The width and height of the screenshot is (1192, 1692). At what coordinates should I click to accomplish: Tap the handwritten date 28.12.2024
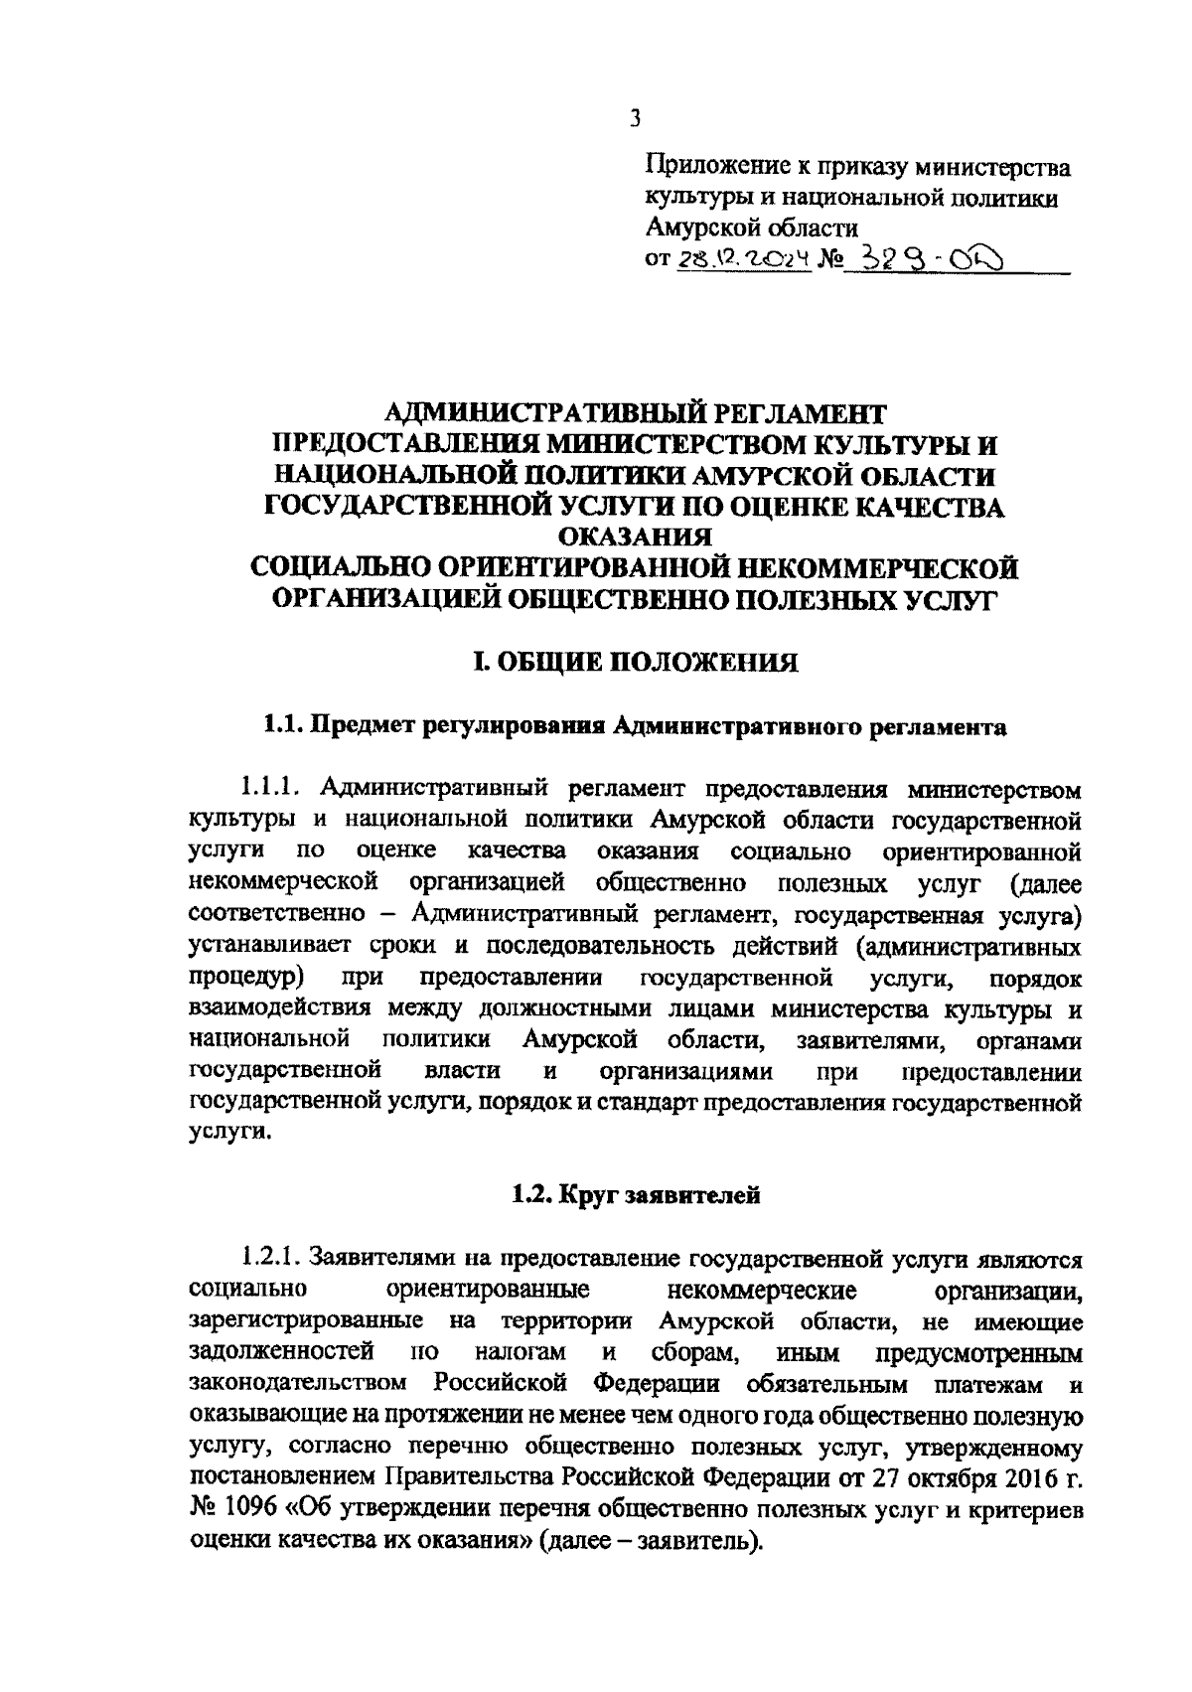(743, 260)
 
